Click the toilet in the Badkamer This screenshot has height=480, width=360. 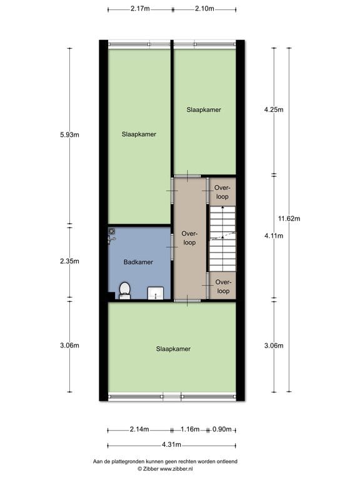pos(124,290)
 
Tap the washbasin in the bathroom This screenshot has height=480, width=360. pos(155,293)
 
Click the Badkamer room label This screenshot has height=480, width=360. pos(137,262)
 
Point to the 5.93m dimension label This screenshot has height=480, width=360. pos(69,134)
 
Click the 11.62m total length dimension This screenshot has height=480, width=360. pos(289,218)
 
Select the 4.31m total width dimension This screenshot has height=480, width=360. pos(171,445)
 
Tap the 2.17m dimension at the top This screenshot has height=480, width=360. pos(140,9)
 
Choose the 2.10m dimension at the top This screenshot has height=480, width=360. pos(204,9)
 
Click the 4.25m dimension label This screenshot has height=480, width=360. pos(274,109)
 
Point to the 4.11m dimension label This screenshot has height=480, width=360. pos(274,236)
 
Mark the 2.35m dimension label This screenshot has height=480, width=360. pos(69,261)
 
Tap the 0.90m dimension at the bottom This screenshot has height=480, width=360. pos(221,429)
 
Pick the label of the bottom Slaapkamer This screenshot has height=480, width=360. pos(173,349)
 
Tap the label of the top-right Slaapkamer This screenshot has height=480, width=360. pos(204,109)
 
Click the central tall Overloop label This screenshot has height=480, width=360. pos(189,237)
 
